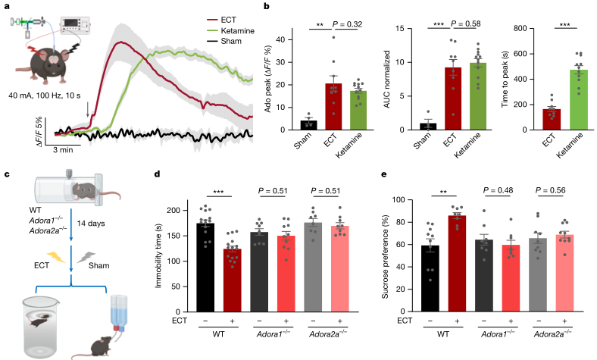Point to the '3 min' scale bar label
click(x=73, y=150)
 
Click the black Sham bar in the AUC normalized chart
click(x=429, y=126)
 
